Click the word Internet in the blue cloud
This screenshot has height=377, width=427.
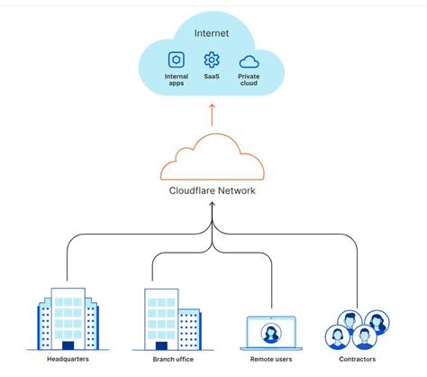pyautogui.click(x=213, y=33)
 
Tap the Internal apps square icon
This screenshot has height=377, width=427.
pyautogui.click(x=177, y=61)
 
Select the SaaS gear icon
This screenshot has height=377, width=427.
pyautogui.click(x=213, y=61)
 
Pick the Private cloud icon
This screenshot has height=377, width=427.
pyautogui.click(x=250, y=61)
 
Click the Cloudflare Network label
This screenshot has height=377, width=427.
pyautogui.click(x=213, y=190)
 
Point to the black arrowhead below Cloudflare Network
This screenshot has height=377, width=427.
pyautogui.click(x=213, y=206)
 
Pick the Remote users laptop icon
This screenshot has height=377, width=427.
pyautogui.click(x=269, y=331)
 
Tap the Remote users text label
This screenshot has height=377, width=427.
pyautogui.click(x=269, y=359)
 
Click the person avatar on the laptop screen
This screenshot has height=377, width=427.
pyautogui.click(x=269, y=332)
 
